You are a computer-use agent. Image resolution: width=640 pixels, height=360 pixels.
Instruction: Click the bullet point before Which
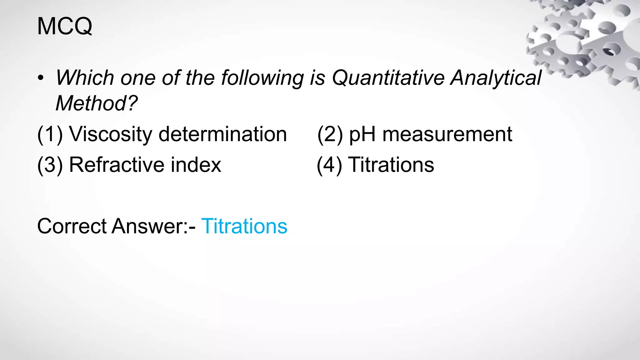[x=40, y=78]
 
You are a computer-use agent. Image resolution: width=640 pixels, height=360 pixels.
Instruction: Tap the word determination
[x=222, y=134]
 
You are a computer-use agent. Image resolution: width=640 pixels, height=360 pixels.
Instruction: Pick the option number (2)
[x=330, y=134]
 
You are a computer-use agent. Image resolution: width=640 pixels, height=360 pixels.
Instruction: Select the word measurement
[x=447, y=134]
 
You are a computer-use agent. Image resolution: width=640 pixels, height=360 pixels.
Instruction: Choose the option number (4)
[x=329, y=165]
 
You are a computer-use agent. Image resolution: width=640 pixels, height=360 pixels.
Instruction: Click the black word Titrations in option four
[x=391, y=165]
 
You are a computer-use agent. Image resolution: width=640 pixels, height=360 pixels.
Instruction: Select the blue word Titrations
[x=244, y=226]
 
